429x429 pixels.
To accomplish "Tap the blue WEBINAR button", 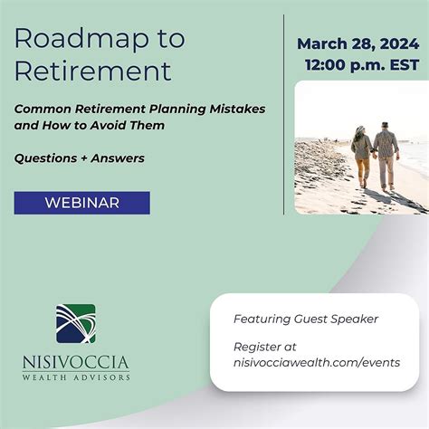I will pyautogui.click(x=81, y=203).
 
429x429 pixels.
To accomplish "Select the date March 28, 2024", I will pyautogui.click(x=359, y=43).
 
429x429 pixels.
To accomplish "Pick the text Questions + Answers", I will pyautogui.click(x=79, y=158).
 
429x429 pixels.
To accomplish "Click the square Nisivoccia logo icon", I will pyautogui.click(x=76, y=324).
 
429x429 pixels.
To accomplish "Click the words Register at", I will pyautogui.click(x=265, y=347).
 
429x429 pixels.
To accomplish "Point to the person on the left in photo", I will pyautogui.click(x=362, y=156).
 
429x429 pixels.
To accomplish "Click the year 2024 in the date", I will pyautogui.click(x=400, y=43).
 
